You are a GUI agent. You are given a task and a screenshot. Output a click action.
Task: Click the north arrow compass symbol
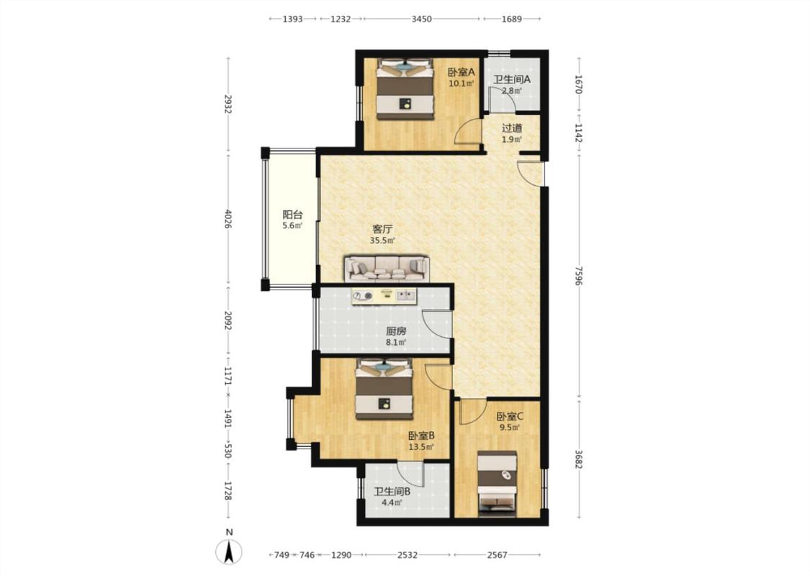pyautogui.click(x=229, y=552)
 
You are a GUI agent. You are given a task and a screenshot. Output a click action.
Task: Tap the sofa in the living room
pyautogui.click(x=387, y=268)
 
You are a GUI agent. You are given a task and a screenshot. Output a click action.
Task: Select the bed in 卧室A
pyautogui.click(x=405, y=89)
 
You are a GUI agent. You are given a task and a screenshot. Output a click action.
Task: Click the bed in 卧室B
pyautogui.click(x=384, y=390)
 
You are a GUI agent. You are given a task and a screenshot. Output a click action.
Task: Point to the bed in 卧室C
pyautogui.click(x=497, y=484)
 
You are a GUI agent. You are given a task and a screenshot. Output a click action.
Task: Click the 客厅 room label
pyautogui.click(x=382, y=229)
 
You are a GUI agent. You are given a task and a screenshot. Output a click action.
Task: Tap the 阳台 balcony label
pyautogui.click(x=292, y=215)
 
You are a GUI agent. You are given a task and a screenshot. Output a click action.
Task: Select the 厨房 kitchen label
pyautogui.click(x=396, y=331)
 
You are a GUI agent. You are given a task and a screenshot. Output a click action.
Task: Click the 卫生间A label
pyautogui.click(x=511, y=79)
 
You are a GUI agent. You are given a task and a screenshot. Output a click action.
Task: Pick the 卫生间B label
pyautogui.click(x=392, y=491)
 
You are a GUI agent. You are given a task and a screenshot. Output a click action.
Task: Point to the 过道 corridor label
pyautogui.click(x=512, y=127)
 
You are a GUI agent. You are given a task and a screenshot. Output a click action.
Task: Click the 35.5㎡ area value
pyautogui.click(x=382, y=240)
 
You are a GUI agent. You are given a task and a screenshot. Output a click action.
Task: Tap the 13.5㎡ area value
pyautogui.click(x=421, y=447)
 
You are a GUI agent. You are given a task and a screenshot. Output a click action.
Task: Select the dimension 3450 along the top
pyautogui.click(x=421, y=19)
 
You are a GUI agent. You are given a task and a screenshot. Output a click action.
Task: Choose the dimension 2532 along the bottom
pyautogui.click(x=407, y=555)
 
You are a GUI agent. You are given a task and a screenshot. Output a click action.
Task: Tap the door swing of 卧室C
pyautogui.click(x=470, y=411)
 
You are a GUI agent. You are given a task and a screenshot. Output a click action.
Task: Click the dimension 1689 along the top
pyautogui.click(x=511, y=19)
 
